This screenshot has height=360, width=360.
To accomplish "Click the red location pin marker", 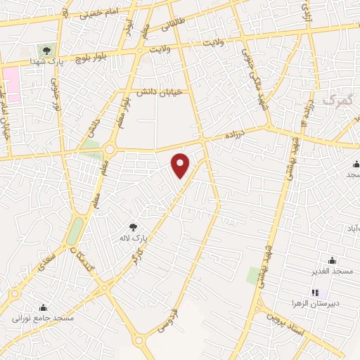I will (181, 165).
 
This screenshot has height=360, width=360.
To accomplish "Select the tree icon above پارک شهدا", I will (46, 50).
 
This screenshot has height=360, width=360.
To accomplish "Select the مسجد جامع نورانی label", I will (43, 318).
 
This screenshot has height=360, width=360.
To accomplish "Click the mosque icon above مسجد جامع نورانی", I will (43, 307).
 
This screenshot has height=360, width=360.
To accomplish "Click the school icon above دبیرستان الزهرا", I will (315, 292).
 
